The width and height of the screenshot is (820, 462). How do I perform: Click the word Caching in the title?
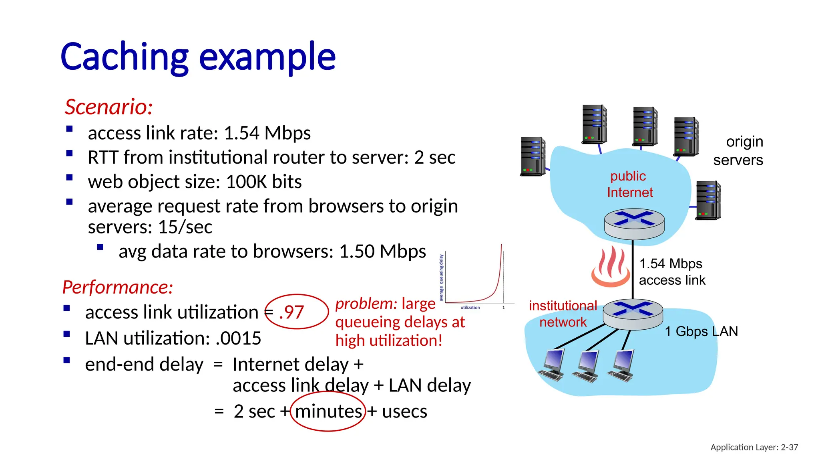click(124, 57)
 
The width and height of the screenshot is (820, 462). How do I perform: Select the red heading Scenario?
click(109, 107)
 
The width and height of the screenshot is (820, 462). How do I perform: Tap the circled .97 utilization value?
click(292, 312)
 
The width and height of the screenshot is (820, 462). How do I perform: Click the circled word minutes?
click(328, 411)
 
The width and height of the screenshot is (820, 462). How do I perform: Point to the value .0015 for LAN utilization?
click(238, 338)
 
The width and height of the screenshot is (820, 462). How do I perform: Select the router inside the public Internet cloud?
click(634, 224)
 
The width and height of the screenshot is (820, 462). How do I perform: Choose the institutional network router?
click(633, 315)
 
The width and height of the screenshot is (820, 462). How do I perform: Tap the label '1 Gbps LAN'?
click(701, 331)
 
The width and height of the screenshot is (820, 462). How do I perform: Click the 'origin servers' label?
click(739, 151)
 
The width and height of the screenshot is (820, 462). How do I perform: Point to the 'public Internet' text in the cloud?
click(629, 184)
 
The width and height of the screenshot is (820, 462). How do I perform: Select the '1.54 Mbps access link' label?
click(672, 272)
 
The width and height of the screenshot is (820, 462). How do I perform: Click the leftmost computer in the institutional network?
click(552, 365)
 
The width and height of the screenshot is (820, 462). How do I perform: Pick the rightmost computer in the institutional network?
click(622, 365)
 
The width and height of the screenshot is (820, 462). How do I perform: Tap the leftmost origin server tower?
click(533, 156)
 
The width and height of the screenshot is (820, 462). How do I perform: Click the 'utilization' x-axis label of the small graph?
click(470, 308)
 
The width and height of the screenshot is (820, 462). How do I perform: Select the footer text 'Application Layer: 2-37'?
click(754, 447)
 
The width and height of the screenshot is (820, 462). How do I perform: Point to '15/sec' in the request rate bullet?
click(185, 227)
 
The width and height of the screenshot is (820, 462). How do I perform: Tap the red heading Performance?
click(118, 288)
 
